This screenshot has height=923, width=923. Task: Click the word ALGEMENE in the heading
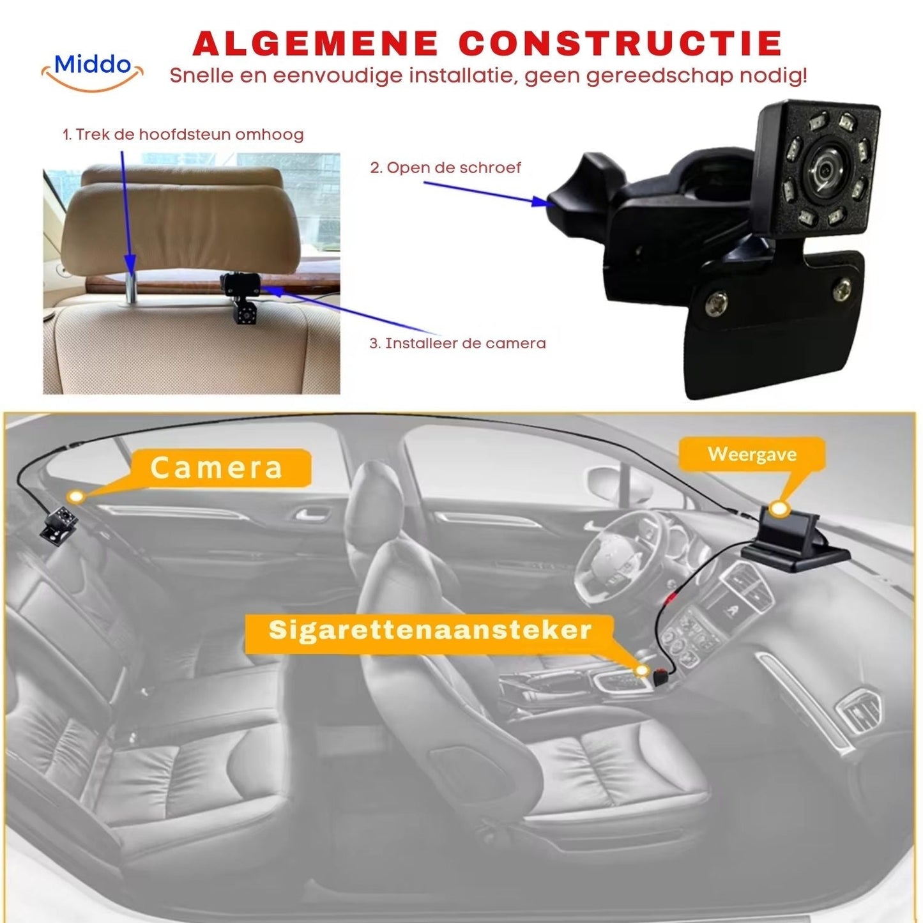pos(315,43)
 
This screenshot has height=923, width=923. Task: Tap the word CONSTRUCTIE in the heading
pos(620,43)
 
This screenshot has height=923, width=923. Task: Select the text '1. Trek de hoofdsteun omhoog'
pos(183,135)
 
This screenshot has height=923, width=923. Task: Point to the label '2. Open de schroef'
pos(445,168)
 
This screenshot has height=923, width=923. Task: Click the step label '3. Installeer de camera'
pos(457,344)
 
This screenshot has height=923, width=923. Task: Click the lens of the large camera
pos(823,171)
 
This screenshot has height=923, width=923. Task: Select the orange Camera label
pos(217,468)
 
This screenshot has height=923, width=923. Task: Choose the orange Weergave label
pos(752,454)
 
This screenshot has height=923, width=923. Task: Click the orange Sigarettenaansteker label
pos(429,630)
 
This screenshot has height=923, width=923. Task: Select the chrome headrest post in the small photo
pos(132,286)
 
